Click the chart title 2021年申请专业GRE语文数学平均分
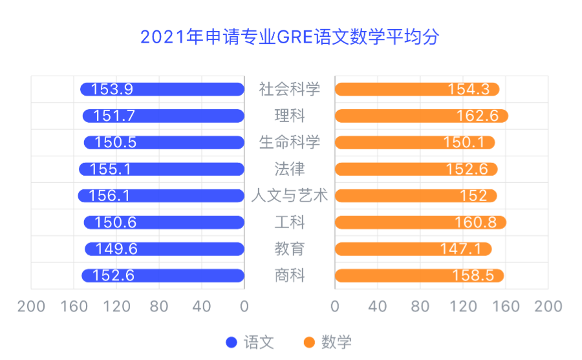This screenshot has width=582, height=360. [290, 36]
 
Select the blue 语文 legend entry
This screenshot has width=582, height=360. [250, 342]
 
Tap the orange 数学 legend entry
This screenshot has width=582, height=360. [328, 342]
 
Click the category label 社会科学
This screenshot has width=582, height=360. [289, 89]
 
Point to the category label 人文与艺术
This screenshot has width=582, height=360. [289, 196]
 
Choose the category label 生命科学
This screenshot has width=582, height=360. [289, 142]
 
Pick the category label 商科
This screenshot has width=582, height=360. [289, 276]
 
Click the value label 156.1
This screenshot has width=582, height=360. [109, 196]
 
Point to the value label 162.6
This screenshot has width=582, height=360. [477, 116]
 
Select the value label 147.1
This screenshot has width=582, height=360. [461, 249]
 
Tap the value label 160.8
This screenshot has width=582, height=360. [476, 222]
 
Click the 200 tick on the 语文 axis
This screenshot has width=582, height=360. [31, 306]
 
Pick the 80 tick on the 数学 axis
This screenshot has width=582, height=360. [420, 306]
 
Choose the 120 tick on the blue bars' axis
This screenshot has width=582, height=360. [116, 306]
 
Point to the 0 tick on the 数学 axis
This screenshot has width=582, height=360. [334, 306]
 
